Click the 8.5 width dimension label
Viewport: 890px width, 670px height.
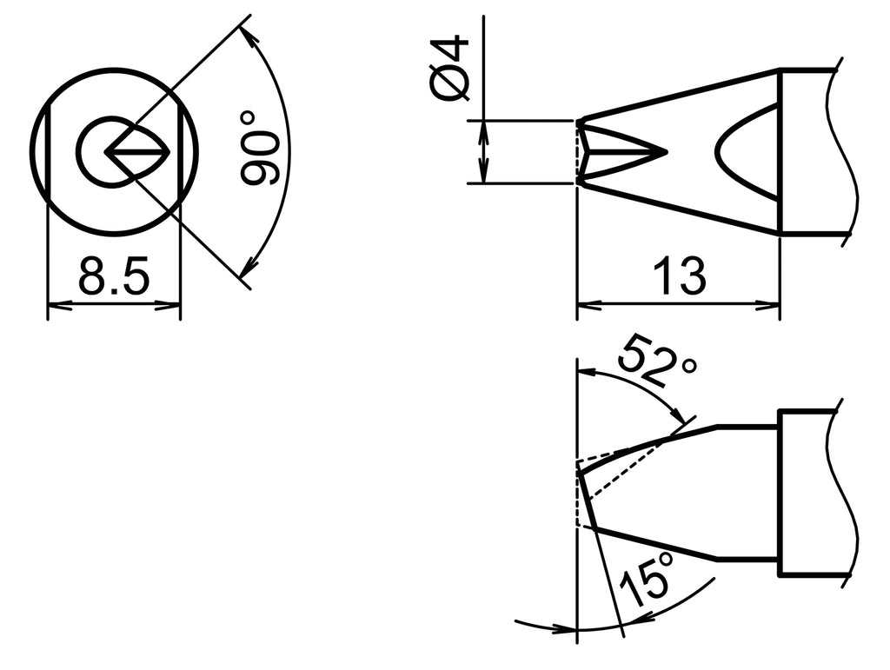pyautogui.click(x=114, y=279)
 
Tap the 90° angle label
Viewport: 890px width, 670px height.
pyautogui.click(x=259, y=148)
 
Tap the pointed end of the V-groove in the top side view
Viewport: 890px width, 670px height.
pyautogui.click(x=663, y=152)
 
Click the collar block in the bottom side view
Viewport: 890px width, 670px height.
pyautogui.click(x=806, y=493)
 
